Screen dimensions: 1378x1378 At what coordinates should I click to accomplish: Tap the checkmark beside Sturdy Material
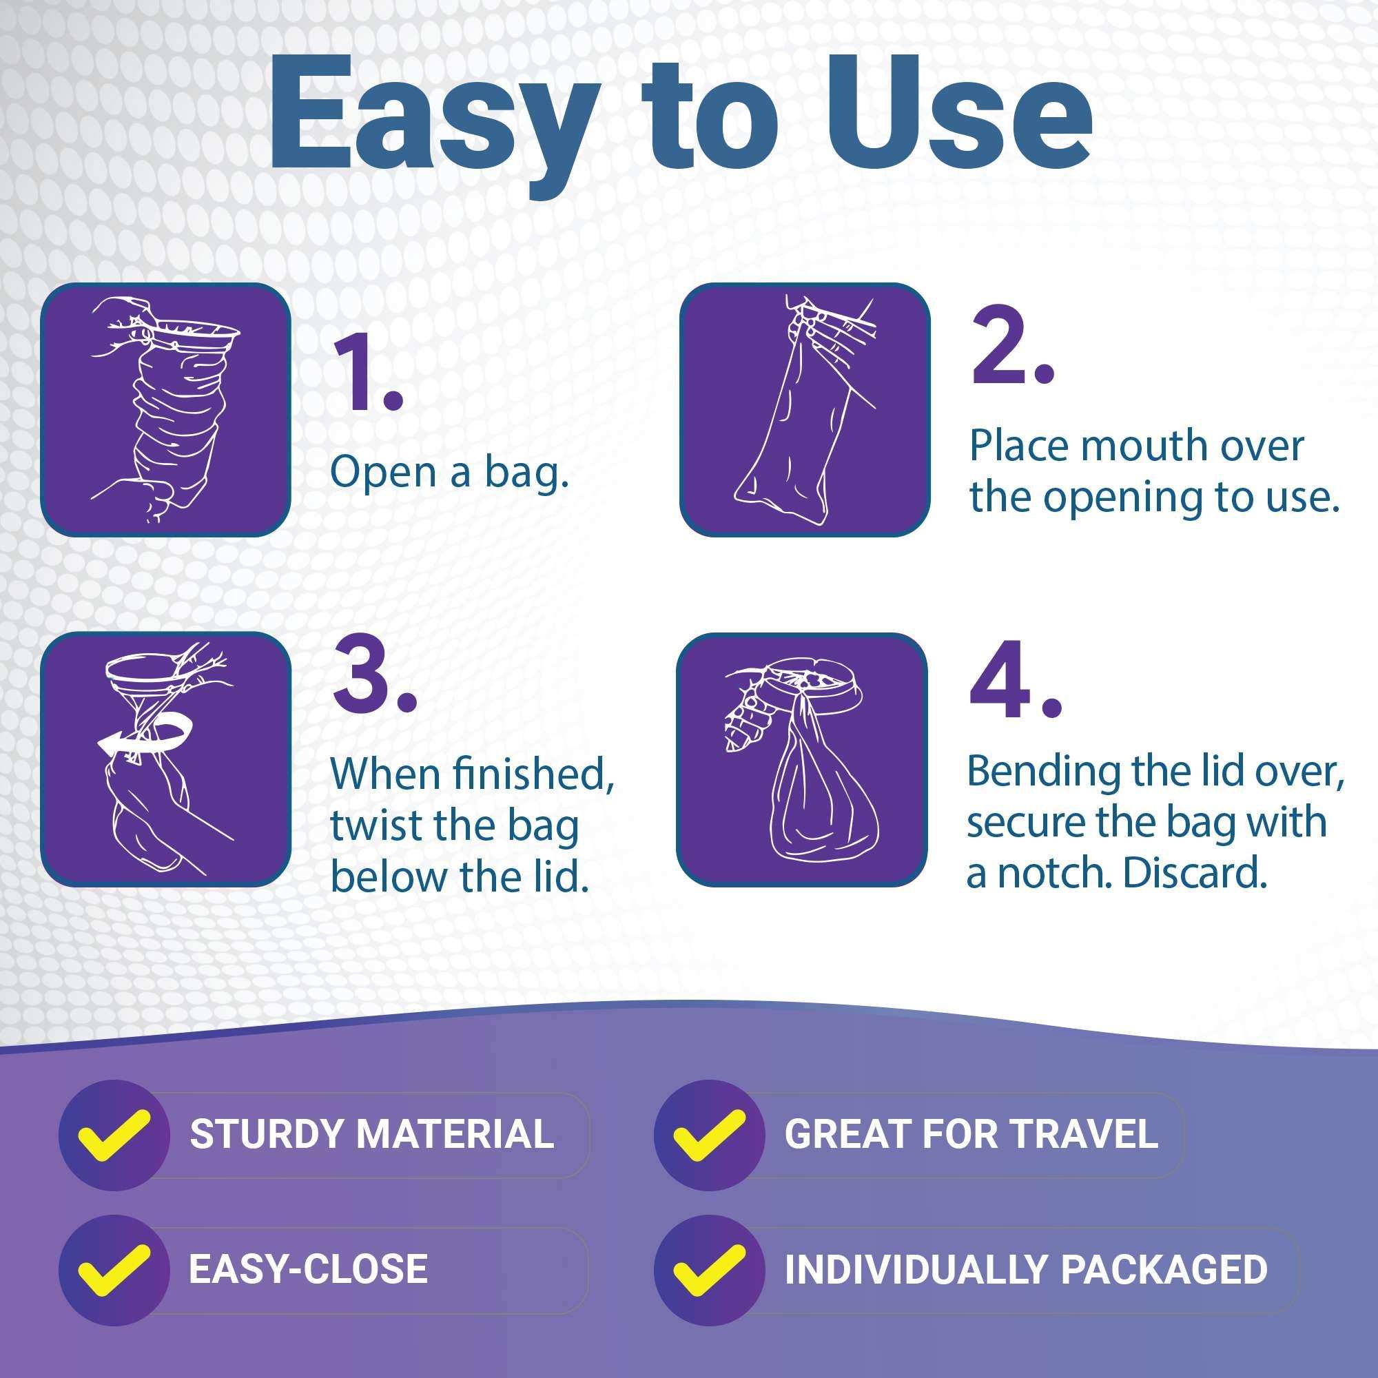pos(114,1133)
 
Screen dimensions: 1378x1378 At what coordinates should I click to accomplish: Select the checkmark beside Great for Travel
pos(709,1133)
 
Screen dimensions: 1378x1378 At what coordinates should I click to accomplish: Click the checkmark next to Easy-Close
pos(114,1269)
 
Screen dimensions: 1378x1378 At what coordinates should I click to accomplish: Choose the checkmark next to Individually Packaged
pos(709,1269)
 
